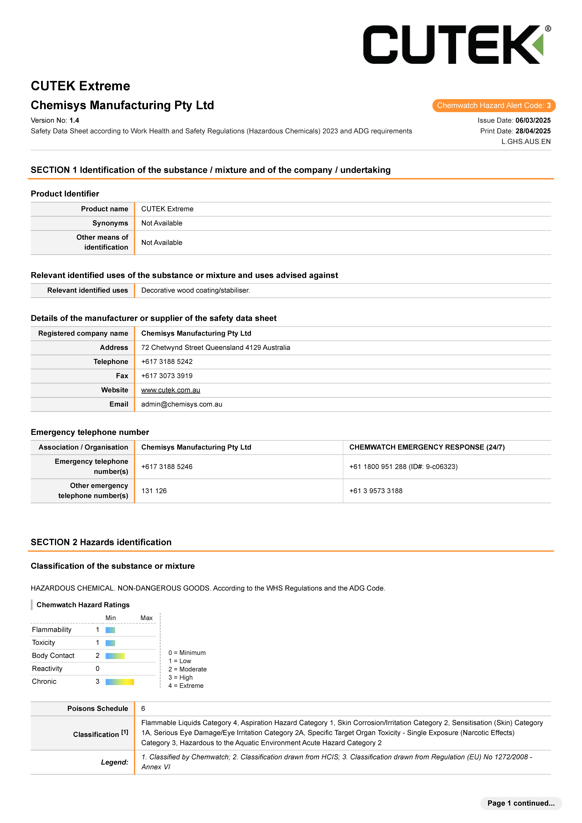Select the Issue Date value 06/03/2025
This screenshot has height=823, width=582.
pyautogui.click(x=533, y=120)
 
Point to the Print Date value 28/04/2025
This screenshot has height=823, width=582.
pyautogui.click(x=533, y=131)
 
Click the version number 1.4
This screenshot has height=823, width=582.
pyautogui.click(x=74, y=120)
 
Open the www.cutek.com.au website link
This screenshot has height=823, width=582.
pyautogui.click(x=171, y=390)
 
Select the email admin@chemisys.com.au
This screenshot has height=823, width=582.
pyautogui.click(x=181, y=404)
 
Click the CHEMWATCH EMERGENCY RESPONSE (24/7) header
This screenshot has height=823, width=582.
pyautogui.click(x=427, y=447)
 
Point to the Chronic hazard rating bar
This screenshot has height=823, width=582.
pyautogui.click(x=120, y=682)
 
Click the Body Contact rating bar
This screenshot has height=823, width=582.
pyautogui.click(x=115, y=656)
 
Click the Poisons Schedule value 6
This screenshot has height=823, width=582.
pyautogui.click(x=143, y=709)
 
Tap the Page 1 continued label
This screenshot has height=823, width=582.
pyautogui.click(x=521, y=803)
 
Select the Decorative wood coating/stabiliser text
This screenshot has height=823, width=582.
pyautogui.click(x=195, y=290)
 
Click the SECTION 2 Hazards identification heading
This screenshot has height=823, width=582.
pyautogui.click(x=101, y=542)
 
